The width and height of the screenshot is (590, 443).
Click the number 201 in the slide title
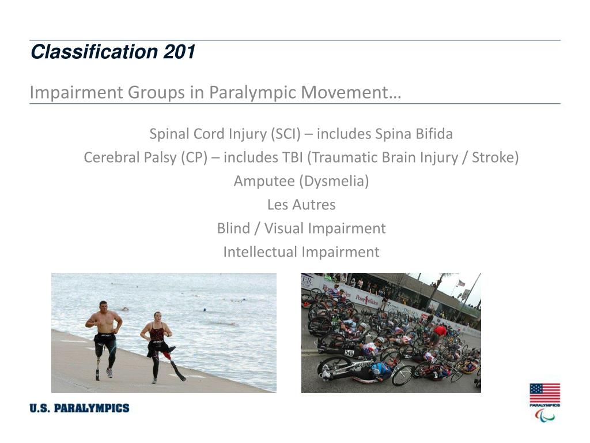(179, 52)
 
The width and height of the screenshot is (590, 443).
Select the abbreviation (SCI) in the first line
(285, 134)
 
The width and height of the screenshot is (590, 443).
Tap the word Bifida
(433, 134)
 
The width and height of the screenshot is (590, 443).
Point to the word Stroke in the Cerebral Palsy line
(493, 157)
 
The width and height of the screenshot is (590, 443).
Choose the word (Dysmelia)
(334, 181)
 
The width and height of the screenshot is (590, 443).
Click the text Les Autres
(301, 205)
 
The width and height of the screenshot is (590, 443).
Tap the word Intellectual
(260, 252)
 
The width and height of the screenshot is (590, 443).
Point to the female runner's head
(156, 317)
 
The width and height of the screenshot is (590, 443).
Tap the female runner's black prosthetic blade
(177, 370)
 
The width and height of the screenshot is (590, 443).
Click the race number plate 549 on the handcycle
(349, 352)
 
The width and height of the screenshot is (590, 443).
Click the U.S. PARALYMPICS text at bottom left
(80, 408)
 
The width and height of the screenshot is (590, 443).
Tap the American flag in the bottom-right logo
(544, 393)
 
